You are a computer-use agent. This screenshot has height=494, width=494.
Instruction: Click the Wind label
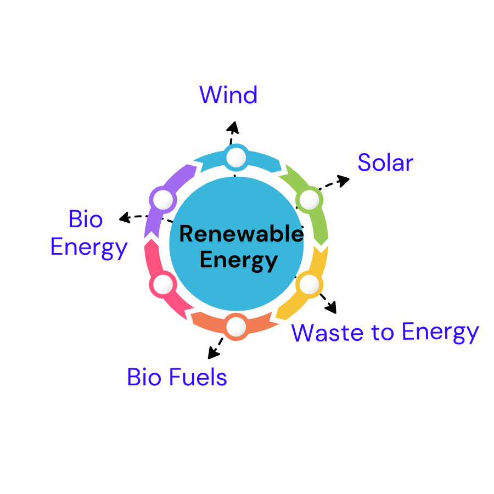coord(228,95)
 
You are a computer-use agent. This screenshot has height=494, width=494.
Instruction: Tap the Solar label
coord(385,162)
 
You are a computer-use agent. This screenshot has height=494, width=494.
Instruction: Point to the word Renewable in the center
coord(241,234)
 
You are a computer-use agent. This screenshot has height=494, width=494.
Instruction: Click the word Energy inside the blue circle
coord(239,260)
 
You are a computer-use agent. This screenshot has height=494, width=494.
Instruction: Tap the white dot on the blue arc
coord(236,158)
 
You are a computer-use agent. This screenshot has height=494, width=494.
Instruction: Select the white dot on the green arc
coord(310,200)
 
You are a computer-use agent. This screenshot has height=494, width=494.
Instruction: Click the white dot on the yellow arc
coord(309,284)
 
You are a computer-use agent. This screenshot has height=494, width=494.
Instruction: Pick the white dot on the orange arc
coord(236,327)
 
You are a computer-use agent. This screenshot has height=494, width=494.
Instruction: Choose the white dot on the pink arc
coord(163,284)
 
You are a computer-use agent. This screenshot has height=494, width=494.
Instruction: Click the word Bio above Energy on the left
coord(86,220)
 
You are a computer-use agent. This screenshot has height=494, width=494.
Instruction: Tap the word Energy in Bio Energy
coord(89,248)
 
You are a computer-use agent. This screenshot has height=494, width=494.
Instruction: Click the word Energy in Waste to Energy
coord(440,333)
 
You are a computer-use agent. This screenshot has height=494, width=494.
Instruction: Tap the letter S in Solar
coord(364,162)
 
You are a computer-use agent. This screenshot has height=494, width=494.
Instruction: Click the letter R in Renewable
coord(186,234)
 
